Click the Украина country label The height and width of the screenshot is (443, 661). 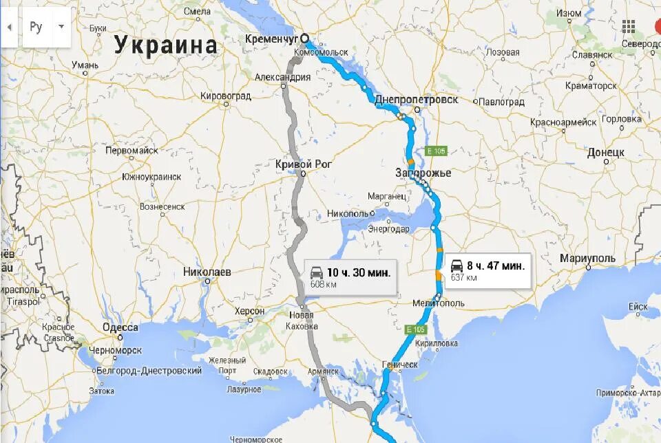coord(165,45)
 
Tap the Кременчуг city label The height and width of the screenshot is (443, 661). coord(273,39)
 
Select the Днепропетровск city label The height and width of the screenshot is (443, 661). coord(416,99)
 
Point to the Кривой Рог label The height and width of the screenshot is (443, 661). coord(303,164)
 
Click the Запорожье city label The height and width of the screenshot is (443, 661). coord(423,173)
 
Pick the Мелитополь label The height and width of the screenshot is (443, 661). coord(438,303)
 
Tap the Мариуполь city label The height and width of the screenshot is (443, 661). coord(587,257)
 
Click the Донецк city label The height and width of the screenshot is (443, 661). coord(605,151)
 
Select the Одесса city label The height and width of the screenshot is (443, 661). coord(120,327)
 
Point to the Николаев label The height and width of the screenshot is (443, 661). coord(207,272)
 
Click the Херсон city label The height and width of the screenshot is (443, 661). coord(249,311)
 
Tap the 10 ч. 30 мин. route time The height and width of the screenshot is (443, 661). coord(358,272)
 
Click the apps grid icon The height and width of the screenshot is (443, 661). coord(628,27)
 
